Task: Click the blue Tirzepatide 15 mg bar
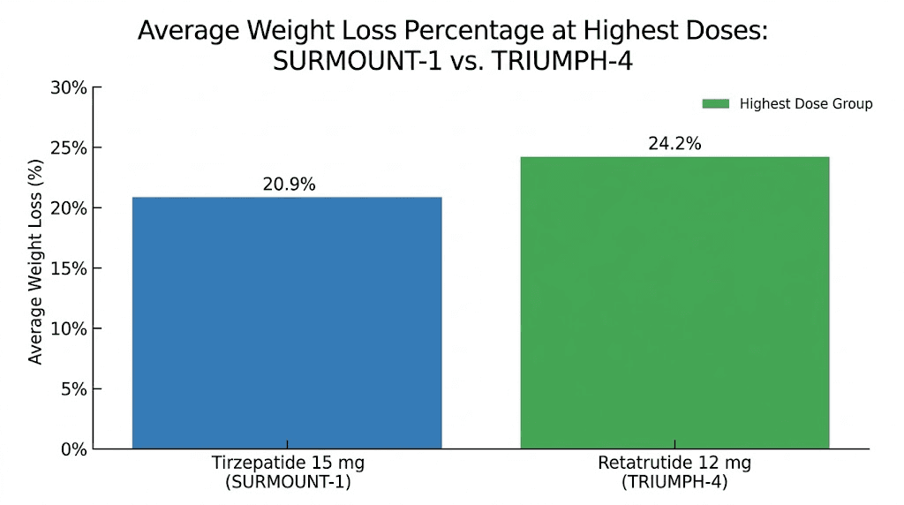287,322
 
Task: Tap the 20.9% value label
289,185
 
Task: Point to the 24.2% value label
674,144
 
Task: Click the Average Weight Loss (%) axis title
35,268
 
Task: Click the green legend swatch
715,104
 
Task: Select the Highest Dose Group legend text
806,104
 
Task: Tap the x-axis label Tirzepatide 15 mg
288,464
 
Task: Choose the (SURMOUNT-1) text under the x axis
288,482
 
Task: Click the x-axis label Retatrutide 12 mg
674,464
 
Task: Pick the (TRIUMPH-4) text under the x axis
674,482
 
